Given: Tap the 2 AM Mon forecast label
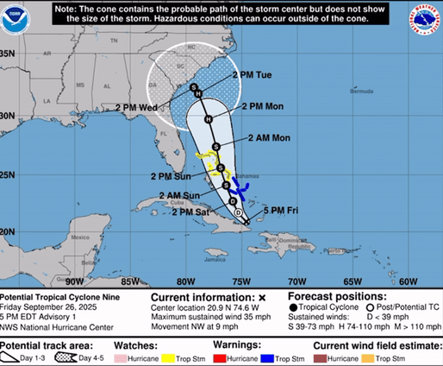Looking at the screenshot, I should click(270, 137).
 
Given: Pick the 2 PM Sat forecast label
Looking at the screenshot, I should click(191, 211).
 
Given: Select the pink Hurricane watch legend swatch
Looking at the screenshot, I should click(121, 357).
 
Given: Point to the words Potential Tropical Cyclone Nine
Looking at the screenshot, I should click(51, 295).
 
